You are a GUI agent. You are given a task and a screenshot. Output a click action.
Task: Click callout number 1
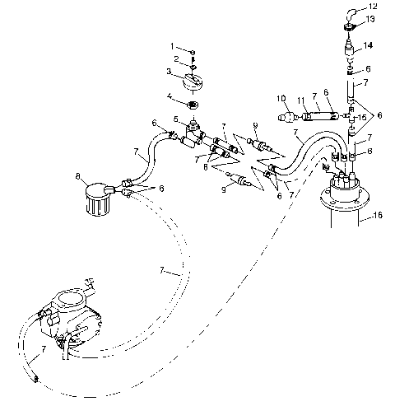point(173,46)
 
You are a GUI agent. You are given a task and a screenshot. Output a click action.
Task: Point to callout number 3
point(170,72)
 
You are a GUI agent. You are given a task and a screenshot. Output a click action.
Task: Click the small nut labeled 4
point(193,106)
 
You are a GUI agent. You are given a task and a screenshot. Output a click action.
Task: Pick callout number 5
point(174,118)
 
